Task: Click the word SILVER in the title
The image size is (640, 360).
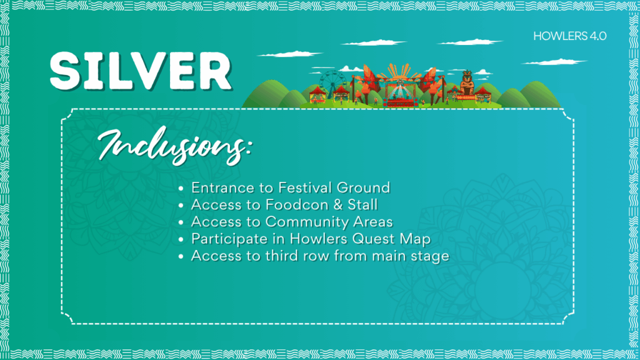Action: point(141,71)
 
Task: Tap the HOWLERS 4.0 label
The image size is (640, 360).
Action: point(570,36)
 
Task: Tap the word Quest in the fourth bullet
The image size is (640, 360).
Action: point(374,239)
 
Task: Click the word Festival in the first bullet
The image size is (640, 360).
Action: point(305,187)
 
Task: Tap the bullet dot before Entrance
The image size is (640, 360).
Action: point(181,189)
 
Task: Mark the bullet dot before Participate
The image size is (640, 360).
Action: point(181,239)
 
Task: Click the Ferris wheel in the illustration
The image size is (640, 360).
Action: point(332,84)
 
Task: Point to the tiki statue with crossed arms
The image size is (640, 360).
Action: point(467,83)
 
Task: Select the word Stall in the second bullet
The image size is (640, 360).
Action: point(362,204)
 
